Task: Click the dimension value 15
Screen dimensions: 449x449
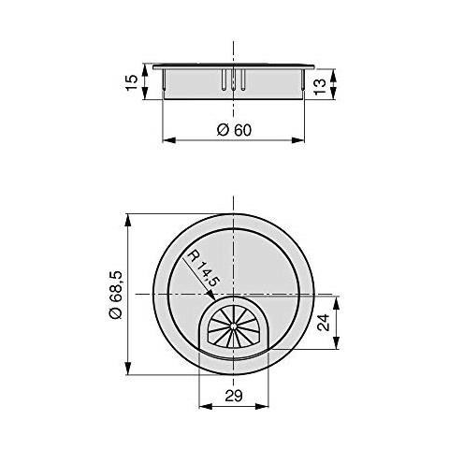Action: coord(131,80)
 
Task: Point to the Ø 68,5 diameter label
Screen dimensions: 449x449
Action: coord(114,294)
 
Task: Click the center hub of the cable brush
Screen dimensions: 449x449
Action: coord(234,328)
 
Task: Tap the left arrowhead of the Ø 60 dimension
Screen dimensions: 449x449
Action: coord(168,141)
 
